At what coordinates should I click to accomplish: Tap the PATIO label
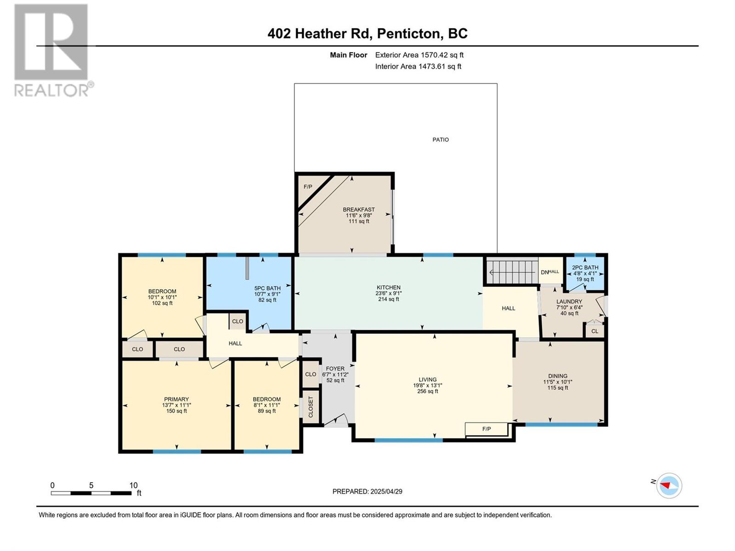tap(441, 140)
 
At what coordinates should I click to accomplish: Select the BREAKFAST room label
tap(359, 209)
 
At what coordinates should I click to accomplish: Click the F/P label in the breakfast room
tap(308, 187)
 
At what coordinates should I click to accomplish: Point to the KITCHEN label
tap(389, 287)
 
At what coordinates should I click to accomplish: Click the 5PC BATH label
tap(267, 288)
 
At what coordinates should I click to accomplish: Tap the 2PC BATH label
tap(585, 268)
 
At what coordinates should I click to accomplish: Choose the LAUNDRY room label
tap(569, 301)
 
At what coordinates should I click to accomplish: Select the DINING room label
tap(558, 376)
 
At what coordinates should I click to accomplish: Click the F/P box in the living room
tap(486, 429)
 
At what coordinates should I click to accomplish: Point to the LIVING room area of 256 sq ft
tap(428, 391)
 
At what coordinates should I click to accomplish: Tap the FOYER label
tap(335, 369)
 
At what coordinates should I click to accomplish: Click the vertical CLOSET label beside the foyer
tap(311, 407)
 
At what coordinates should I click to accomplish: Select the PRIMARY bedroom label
tap(176, 399)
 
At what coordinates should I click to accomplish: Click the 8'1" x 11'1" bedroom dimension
tap(266, 405)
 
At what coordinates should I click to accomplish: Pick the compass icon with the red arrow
tap(669, 485)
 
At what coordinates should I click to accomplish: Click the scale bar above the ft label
tap(91, 493)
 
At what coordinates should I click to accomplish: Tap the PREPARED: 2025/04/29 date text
tap(367, 491)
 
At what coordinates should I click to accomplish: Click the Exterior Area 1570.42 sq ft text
tap(419, 55)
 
